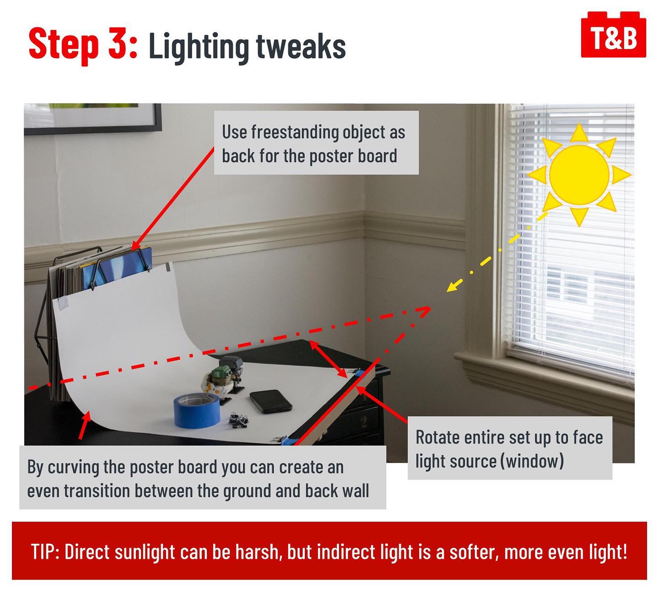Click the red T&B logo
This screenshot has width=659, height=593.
coord(613,35)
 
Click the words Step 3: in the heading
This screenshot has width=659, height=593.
coord(83,44)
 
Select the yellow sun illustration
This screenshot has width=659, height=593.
coord(579,175)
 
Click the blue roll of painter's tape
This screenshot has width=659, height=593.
coord(197,411)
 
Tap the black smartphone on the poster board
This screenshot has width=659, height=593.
coord(271,401)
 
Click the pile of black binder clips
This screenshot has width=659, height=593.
coord(238,420)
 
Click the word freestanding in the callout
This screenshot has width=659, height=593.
coord(295,132)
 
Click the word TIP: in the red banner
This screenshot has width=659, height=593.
coord(45,552)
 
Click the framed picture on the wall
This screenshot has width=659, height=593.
coord(93,119)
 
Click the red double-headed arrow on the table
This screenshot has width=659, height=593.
coord(328,359)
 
